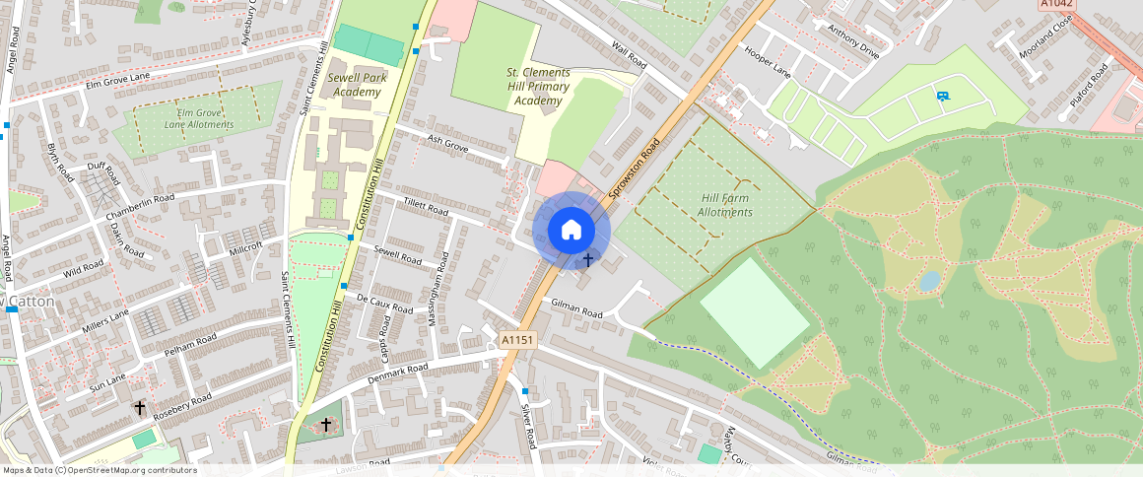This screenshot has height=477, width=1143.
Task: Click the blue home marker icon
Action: tap(571, 231)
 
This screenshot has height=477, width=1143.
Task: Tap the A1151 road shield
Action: tap(516, 340)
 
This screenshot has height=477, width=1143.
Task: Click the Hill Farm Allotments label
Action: tap(725, 205)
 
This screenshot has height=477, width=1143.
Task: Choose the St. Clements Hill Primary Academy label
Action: tap(538, 87)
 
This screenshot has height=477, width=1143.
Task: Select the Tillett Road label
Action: tap(426, 207)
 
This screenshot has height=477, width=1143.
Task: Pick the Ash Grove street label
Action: tap(446, 143)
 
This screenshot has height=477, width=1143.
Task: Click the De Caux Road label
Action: tap(384, 304)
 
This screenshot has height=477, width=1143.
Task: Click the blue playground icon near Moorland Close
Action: tap(943, 96)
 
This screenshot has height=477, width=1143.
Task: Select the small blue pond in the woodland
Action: tap(928, 281)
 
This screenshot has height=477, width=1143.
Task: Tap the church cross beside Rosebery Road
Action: tap(140, 407)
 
